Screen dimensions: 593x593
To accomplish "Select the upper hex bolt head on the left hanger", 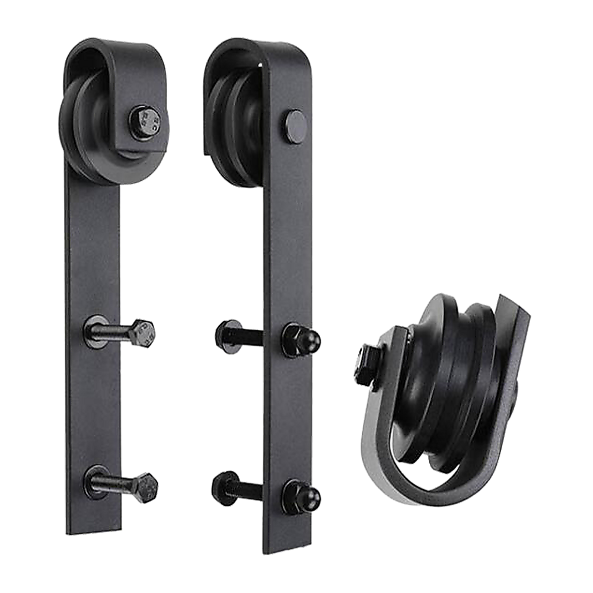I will (142, 333).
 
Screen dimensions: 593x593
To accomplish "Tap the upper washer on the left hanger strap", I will (95, 330).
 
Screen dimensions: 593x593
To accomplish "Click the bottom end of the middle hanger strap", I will (286, 543).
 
